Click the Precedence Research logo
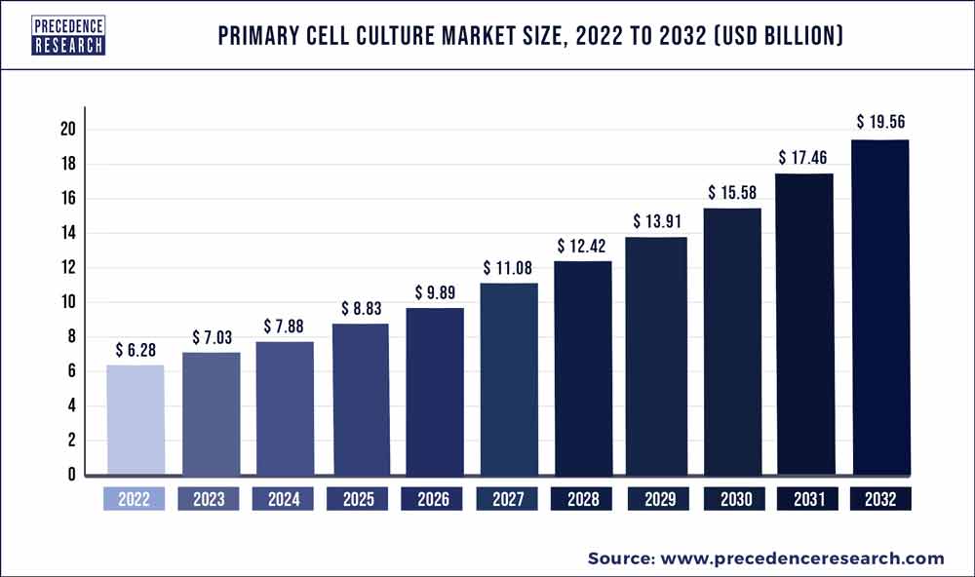coord(68,35)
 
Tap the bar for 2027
coord(508,379)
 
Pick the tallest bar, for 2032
coord(881,307)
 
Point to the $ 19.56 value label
coord(881,122)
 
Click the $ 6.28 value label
coord(135,349)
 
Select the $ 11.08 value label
coord(508,266)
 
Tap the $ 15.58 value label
coord(732,191)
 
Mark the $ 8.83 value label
coord(359,307)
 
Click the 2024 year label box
coord(284,500)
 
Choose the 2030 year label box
coord(732,500)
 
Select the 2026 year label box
coord(433,500)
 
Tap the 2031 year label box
coord(806,500)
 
